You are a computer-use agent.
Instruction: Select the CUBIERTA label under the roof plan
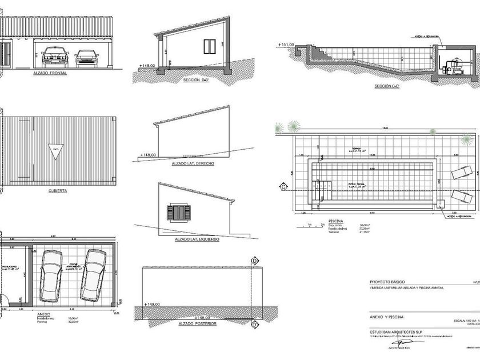point(58,191)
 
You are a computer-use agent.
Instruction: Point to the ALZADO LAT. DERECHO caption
point(193,163)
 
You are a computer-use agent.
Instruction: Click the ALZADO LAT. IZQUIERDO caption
point(197,239)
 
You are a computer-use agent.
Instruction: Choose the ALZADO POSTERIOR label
point(195,324)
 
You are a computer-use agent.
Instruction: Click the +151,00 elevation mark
point(286,44)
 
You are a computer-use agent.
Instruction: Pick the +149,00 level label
point(153,305)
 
